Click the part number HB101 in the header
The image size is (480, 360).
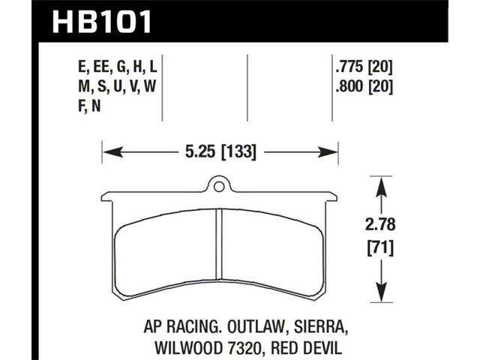102,22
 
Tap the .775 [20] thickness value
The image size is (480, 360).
364,67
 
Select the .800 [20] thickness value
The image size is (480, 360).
364,87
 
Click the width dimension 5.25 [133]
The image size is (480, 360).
220,151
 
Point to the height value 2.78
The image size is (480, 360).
380,224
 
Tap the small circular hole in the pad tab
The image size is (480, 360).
218,187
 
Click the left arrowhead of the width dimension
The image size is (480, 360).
113,151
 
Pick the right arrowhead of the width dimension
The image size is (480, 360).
328,151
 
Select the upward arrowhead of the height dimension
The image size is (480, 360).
381,187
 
